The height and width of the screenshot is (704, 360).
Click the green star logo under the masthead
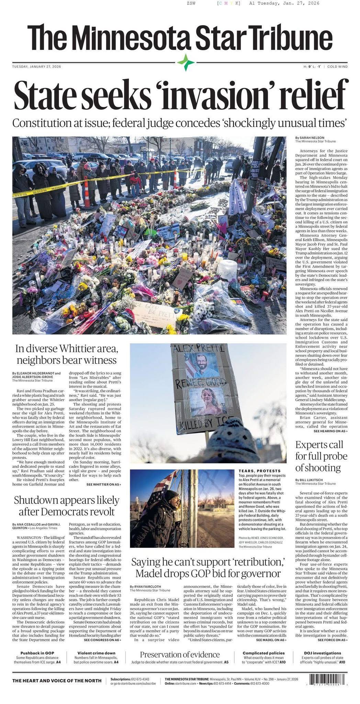tap(186, 63)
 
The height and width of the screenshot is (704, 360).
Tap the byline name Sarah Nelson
tap(307, 138)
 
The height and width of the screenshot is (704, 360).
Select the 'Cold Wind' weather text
tap(337, 66)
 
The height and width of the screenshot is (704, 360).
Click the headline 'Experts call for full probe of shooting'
tap(321, 456)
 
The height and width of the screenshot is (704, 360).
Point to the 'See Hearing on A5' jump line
tap(330, 431)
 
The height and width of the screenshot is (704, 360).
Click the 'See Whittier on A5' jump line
tap(103, 484)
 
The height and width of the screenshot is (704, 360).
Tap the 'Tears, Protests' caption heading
tap(259, 471)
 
